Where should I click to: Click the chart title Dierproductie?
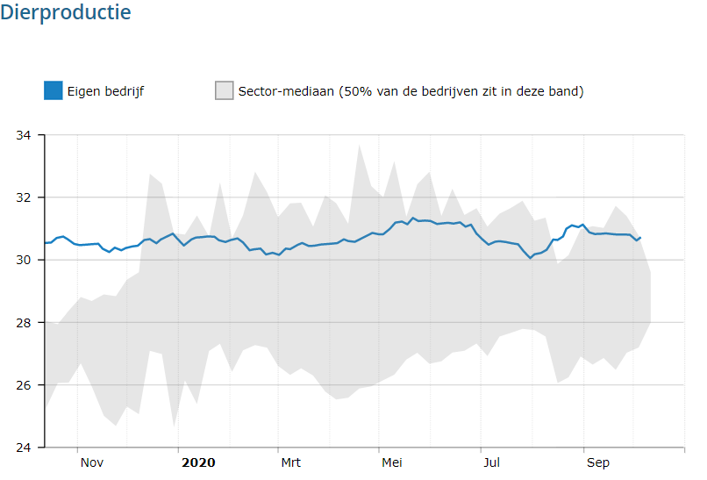click(x=66, y=13)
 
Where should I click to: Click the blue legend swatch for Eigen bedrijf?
click(x=54, y=90)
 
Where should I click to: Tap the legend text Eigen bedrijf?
click(x=105, y=91)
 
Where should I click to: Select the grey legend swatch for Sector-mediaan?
click(x=225, y=90)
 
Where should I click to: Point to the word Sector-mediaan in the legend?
click(x=283, y=91)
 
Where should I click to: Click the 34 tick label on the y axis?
click(x=24, y=135)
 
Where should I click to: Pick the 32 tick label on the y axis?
click(x=24, y=197)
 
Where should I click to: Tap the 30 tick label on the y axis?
click(x=24, y=260)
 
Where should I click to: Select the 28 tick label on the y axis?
click(x=24, y=322)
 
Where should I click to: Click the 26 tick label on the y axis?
click(x=24, y=385)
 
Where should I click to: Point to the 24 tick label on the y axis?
click(x=24, y=448)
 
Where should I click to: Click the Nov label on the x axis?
click(x=92, y=462)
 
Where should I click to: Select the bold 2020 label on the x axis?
click(x=197, y=462)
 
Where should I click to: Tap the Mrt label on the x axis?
click(x=290, y=462)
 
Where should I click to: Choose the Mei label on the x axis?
click(x=391, y=462)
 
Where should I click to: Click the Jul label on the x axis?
click(x=491, y=462)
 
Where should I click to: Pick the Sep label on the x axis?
click(x=598, y=462)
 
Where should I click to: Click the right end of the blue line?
click(x=640, y=238)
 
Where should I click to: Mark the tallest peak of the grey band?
click(x=360, y=145)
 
